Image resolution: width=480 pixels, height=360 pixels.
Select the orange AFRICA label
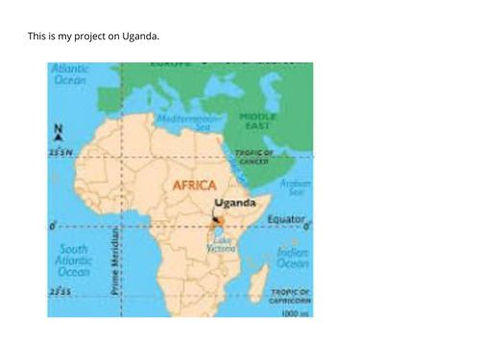coord(194,185)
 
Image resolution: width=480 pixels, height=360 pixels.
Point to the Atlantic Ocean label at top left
coord(70,75)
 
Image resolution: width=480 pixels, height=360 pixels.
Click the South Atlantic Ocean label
coord(73,260)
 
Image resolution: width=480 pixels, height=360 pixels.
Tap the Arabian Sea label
coord(295,186)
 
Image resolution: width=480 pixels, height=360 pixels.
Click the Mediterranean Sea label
coord(198,121)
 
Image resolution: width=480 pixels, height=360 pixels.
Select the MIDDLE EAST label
coord(257,121)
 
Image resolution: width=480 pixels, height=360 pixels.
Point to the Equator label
coord(285,220)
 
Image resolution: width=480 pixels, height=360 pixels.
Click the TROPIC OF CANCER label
coord(254,156)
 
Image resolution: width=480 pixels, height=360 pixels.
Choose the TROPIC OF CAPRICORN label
coord(289,295)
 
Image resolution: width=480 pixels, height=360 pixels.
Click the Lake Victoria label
coord(222,245)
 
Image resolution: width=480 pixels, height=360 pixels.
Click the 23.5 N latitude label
coord(60,153)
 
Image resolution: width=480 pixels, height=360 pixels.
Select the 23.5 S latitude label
coord(60,291)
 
